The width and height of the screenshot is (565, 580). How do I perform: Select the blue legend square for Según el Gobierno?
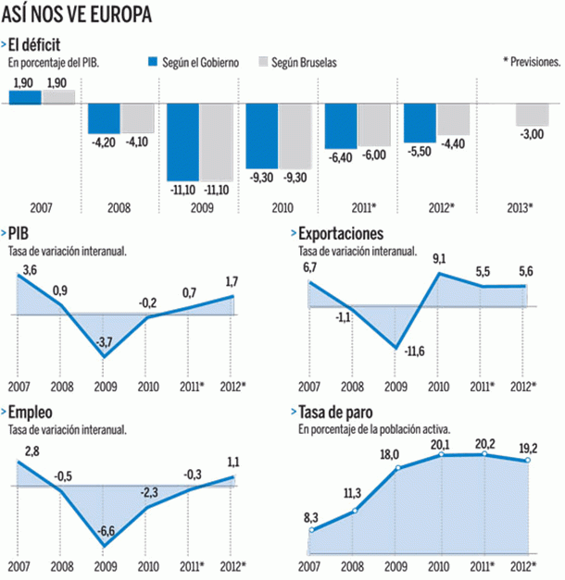point(155,62)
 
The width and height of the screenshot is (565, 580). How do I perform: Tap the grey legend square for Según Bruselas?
point(263,62)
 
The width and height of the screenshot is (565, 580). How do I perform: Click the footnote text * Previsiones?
point(531,62)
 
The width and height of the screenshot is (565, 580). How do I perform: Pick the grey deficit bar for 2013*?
point(532,114)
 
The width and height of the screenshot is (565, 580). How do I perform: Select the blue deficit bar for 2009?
point(182,142)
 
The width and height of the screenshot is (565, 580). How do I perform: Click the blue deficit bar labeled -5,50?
point(420,122)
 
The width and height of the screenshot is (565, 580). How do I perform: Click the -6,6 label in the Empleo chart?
point(106,530)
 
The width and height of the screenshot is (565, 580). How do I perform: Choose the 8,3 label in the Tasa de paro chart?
point(311,517)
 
